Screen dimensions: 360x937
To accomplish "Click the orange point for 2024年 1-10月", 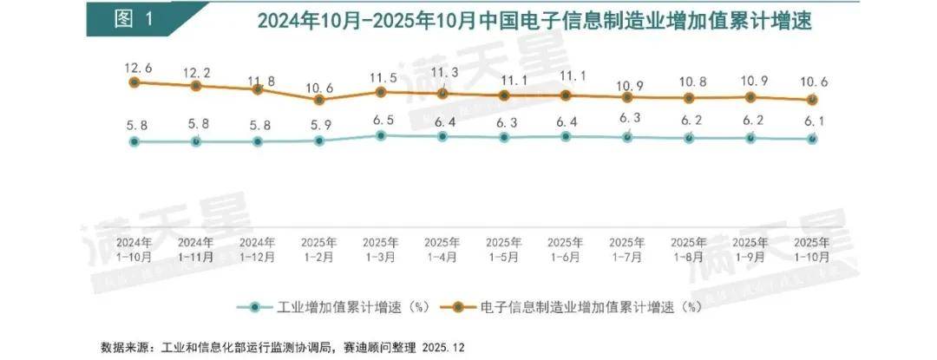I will [134, 82].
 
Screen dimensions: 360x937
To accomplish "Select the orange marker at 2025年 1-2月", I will [319, 100].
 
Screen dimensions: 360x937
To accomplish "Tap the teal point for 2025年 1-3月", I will [381, 135].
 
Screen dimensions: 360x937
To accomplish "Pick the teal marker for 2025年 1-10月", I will [812, 138].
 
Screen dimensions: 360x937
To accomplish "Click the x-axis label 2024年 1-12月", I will [258, 249].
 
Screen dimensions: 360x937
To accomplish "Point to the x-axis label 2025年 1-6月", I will [566, 249].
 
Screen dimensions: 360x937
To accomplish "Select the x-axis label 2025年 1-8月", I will [689, 249].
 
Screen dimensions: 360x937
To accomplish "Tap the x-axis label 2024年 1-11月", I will [196, 249].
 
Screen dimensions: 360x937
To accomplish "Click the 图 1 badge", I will [138, 19].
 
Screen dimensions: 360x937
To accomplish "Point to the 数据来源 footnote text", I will [283, 345].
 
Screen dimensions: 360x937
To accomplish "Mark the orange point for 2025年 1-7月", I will [627, 97].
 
